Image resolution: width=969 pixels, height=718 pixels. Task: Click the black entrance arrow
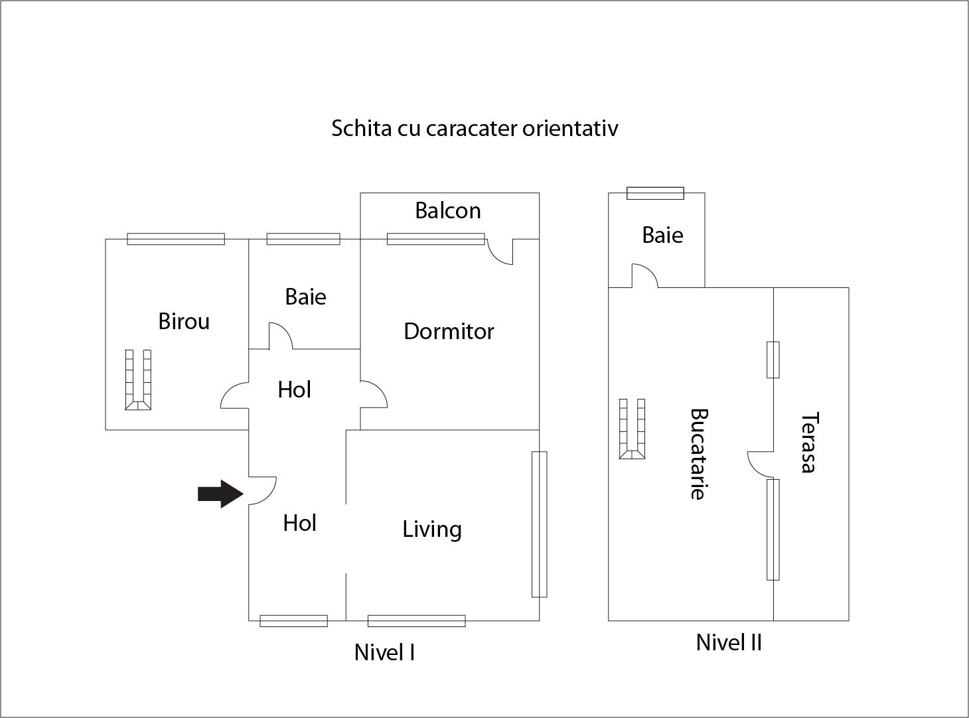[x=220, y=494]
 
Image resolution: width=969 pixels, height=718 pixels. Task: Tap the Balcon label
[x=448, y=210]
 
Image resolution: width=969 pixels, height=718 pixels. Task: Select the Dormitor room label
[x=449, y=331]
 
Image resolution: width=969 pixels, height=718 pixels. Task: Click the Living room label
[x=432, y=529]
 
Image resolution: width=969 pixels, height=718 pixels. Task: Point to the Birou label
[x=184, y=321]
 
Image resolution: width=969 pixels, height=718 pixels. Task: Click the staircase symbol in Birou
[x=138, y=380]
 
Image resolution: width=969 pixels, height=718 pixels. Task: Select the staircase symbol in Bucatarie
[x=632, y=429]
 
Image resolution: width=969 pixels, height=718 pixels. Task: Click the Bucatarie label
[x=698, y=454]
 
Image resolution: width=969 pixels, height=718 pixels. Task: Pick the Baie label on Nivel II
[x=662, y=235]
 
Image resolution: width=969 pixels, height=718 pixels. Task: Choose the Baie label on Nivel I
[x=305, y=297]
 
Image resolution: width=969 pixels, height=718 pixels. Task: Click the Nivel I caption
[x=384, y=652]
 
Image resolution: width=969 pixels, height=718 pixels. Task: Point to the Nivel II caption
[x=728, y=642]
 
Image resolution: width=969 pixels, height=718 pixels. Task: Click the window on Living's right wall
[x=539, y=524]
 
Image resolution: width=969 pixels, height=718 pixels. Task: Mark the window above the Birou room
[x=176, y=239]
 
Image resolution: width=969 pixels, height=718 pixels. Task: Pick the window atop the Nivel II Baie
[x=655, y=193]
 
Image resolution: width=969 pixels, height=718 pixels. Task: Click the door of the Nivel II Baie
[x=644, y=276]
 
